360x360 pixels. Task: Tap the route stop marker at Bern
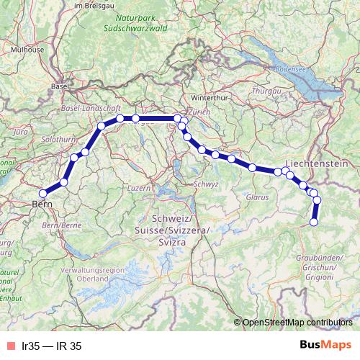click(x=42, y=193)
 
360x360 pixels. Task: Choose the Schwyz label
click(x=206, y=184)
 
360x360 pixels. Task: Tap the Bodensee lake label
click(x=291, y=69)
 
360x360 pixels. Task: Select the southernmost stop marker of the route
click(x=314, y=222)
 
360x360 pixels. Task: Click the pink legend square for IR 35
click(x=11, y=346)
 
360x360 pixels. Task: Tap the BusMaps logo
click(x=325, y=346)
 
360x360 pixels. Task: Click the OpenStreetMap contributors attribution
click(x=297, y=322)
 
